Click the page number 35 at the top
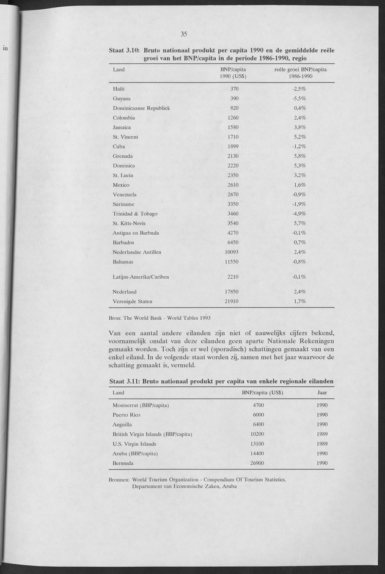(183, 34)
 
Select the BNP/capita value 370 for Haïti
(234, 89)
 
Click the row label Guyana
(122, 98)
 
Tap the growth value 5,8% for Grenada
(299, 156)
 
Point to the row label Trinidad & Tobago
(135, 213)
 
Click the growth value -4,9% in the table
(299, 213)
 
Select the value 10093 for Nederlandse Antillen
(231, 252)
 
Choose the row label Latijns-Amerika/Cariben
(141, 277)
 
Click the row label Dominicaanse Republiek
(141, 108)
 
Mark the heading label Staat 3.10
(125, 50)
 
